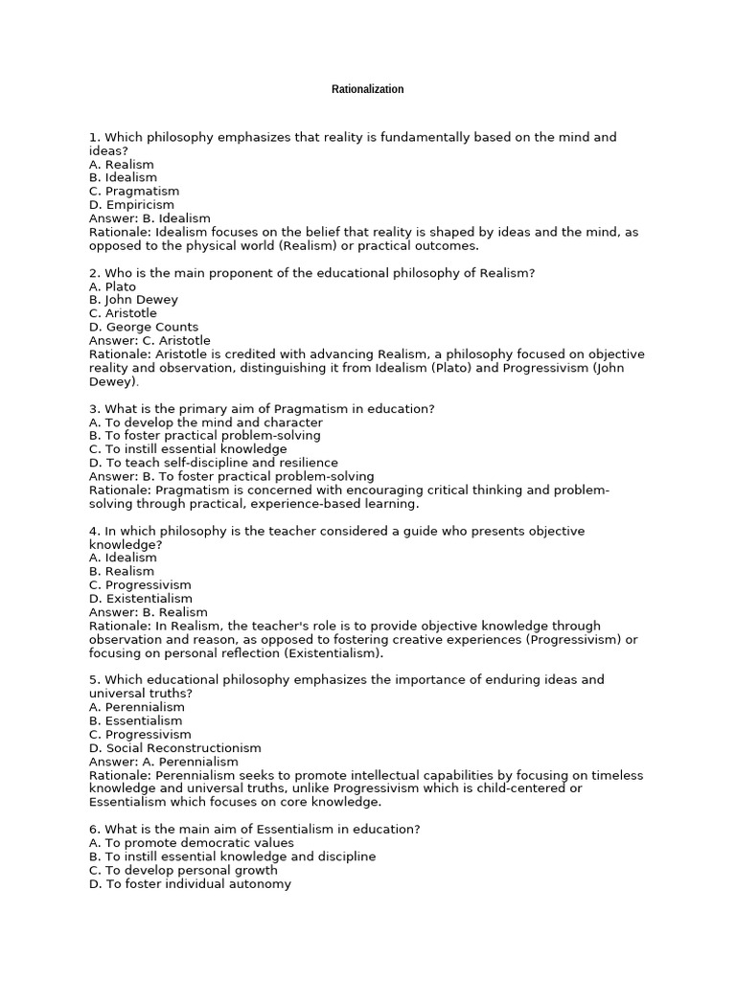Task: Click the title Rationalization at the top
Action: pos(367,89)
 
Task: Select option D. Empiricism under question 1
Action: pos(131,205)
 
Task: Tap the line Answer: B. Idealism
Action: pos(149,218)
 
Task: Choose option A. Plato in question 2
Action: pos(112,286)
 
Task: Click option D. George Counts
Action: pos(144,328)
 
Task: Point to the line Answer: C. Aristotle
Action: pos(149,341)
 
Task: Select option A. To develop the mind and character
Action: pos(205,422)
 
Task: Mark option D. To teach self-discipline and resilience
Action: pos(213,463)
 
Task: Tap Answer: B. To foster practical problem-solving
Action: pos(231,476)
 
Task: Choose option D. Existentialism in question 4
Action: pos(141,599)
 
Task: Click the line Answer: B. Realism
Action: pos(148,612)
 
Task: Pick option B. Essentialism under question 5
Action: pos(135,720)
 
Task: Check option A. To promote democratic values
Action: pos(192,843)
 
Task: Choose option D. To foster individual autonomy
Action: pos(190,884)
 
